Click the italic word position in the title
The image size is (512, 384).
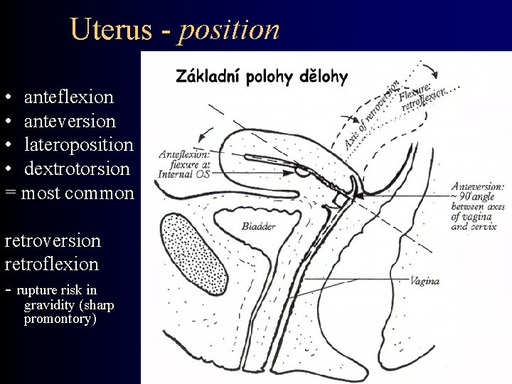pos(230,31)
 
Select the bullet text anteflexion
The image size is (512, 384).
pos(68,96)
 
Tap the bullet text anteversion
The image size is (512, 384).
pos(70,120)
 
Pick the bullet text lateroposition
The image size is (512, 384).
pos(78,144)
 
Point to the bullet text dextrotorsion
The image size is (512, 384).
pos(77,169)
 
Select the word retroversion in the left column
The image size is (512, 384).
pos(53,240)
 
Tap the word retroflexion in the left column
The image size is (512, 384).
pos(51,264)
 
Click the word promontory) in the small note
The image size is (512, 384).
pos(60,319)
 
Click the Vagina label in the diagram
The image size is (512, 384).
pos(425,281)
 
